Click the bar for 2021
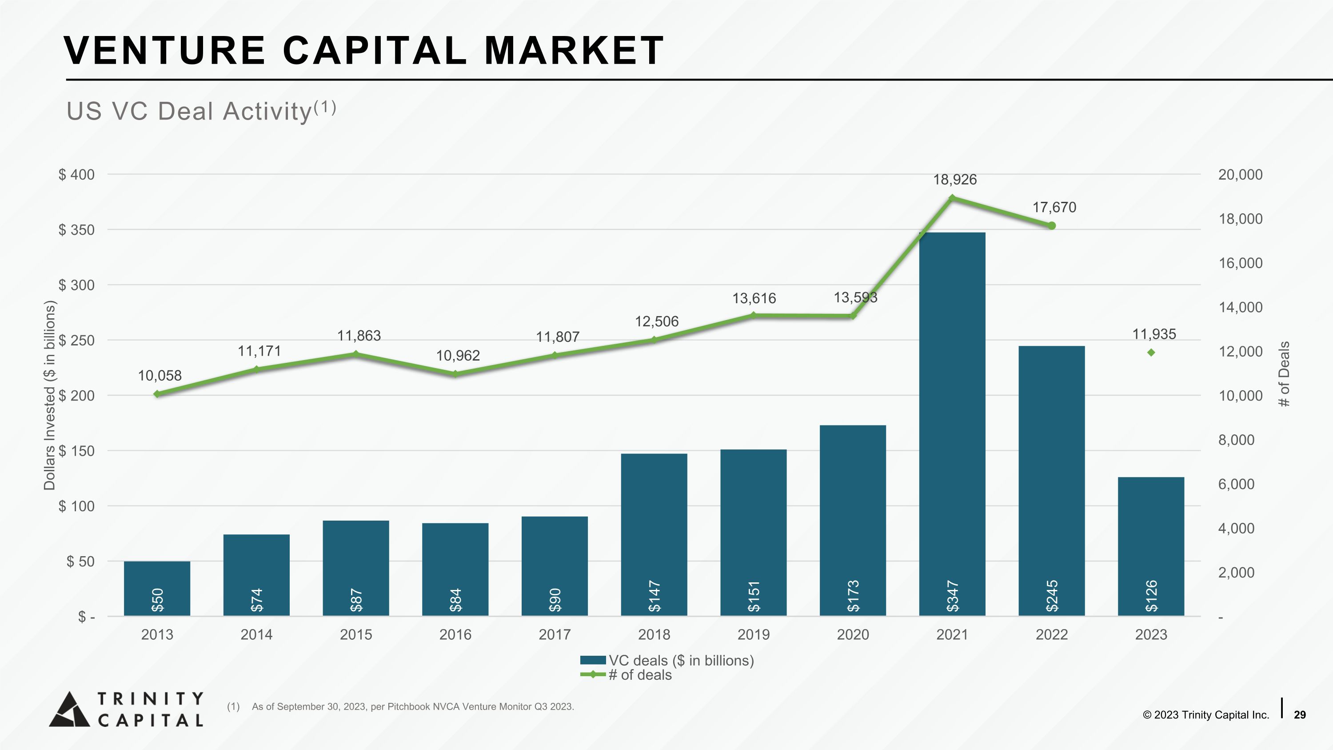click(x=952, y=425)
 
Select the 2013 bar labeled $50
click(x=157, y=589)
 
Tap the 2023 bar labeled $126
click(x=1151, y=546)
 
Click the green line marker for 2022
click(x=1051, y=226)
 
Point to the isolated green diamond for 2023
click(x=1151, y=353)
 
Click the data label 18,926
click(x=955, y=180)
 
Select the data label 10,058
click(x=160, y=376)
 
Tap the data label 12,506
click(x=657, y=321)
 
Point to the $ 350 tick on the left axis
click(x=76, y=230)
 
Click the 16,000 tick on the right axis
click(x=1241, y=263)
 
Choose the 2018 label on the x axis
click(x=654, y=634)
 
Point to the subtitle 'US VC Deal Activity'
click(x=189, y=111)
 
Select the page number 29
click(x=1299, y=715)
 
